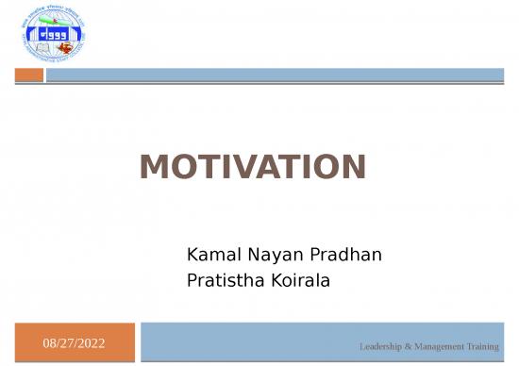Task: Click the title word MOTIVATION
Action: point(252,168)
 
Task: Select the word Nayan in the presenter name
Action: point(270,255)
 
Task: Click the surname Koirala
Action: point(298,279)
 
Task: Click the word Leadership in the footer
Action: point(381,347)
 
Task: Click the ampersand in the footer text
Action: point(410,347)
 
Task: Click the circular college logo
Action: point(51,35)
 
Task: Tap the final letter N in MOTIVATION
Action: point(352,168)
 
